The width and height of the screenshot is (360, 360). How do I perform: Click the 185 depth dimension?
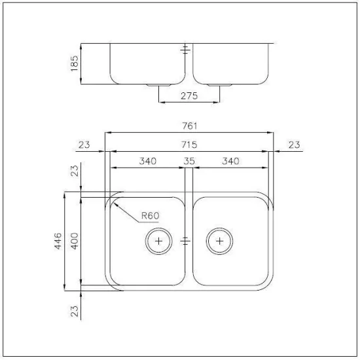pyautogui.click(x=75, y=63)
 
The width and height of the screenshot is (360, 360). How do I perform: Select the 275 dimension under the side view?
pyautogui.click(x=189, y=96)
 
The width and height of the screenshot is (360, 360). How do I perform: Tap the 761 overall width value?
pyautogui.click(x=190, y=126)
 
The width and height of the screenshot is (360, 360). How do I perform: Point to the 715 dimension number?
pyautogui.click(x=190, y=144)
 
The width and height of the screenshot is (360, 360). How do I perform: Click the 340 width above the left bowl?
pyautogui.click(x=147, y=161)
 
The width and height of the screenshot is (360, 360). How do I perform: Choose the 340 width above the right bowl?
pyautogui.click(x=230, y=161)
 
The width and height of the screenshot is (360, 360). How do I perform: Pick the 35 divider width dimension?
pyautogui.click(x=189, y=161)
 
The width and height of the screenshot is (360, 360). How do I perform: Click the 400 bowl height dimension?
pyautogui.click(x=75, y=242)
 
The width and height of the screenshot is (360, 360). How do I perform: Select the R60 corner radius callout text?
pyautogui.click(x=151, y=216)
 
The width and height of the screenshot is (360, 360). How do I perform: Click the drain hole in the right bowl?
pyautogui.click(x=219, y=241)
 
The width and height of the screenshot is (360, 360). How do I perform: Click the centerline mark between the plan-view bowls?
pyautogui.click(x=189, y=241)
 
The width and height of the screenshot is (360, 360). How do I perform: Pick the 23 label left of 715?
pyautogui.click(x=84, y=144)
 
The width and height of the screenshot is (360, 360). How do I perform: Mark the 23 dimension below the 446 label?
pyautogui.click(x=75, y=310)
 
